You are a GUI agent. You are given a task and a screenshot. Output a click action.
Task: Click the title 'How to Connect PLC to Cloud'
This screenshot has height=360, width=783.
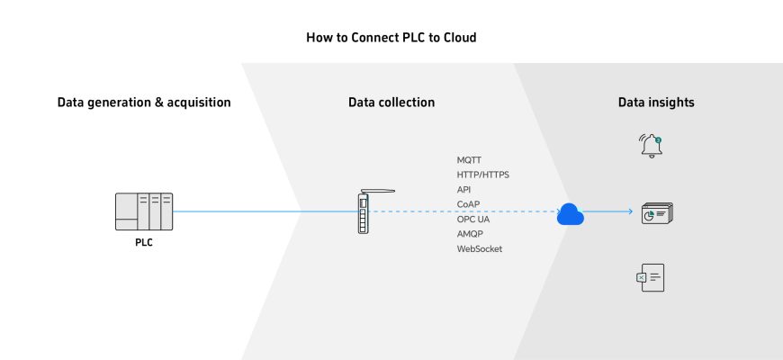click(391, 38)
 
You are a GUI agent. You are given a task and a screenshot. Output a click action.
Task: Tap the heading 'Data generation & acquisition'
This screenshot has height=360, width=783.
click(144, 103)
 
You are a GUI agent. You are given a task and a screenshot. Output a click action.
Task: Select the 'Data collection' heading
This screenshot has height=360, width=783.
click(391, 103)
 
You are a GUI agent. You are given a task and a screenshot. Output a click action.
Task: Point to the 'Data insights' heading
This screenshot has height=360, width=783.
click(656, 103)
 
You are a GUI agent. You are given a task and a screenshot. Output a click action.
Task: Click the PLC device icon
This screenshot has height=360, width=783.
click(144, 211)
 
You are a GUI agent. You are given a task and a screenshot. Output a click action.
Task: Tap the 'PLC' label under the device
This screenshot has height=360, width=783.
click(144, 242)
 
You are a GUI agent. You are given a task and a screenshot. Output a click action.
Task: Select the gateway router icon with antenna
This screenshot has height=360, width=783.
click(364, 213)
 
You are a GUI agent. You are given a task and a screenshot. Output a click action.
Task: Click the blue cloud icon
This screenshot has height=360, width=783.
click(570, 213)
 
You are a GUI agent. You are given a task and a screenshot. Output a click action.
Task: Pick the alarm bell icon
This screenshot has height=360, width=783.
click(651, 146)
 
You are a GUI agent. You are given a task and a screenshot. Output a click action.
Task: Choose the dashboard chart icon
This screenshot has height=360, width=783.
click(656, 213)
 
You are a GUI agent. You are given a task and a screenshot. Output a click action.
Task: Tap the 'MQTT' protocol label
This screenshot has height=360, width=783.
click(470, 160)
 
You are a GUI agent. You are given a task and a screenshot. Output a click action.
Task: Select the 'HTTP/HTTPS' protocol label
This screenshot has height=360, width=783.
click(483, 175)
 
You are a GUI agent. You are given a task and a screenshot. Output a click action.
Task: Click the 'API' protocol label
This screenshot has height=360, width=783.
click(464, 190)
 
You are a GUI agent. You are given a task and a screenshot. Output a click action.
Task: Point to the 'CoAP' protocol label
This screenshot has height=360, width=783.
click(469, 204)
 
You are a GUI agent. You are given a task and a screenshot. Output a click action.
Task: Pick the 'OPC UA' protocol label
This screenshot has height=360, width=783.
click(473, 219)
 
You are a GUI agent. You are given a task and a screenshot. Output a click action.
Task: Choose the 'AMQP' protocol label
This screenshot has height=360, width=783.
click(471, 234)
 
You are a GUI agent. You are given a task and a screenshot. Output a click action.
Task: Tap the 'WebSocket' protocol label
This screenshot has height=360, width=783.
click(480, 248)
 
